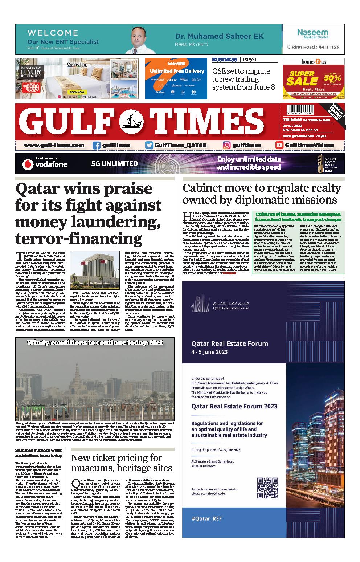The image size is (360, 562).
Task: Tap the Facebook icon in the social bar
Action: (x=97, y=145)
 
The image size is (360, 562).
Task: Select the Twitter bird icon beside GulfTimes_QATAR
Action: (x=149, y=145)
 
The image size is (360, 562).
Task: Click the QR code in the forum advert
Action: (x=267, y=488)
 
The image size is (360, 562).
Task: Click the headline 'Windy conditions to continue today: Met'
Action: (x=95, y=342)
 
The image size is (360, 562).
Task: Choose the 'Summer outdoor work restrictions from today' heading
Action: (x=39, y=453)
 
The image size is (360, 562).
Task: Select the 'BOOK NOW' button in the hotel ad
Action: (x=77, y=92)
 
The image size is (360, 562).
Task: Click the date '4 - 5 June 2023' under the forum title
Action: (x=209, y=352)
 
